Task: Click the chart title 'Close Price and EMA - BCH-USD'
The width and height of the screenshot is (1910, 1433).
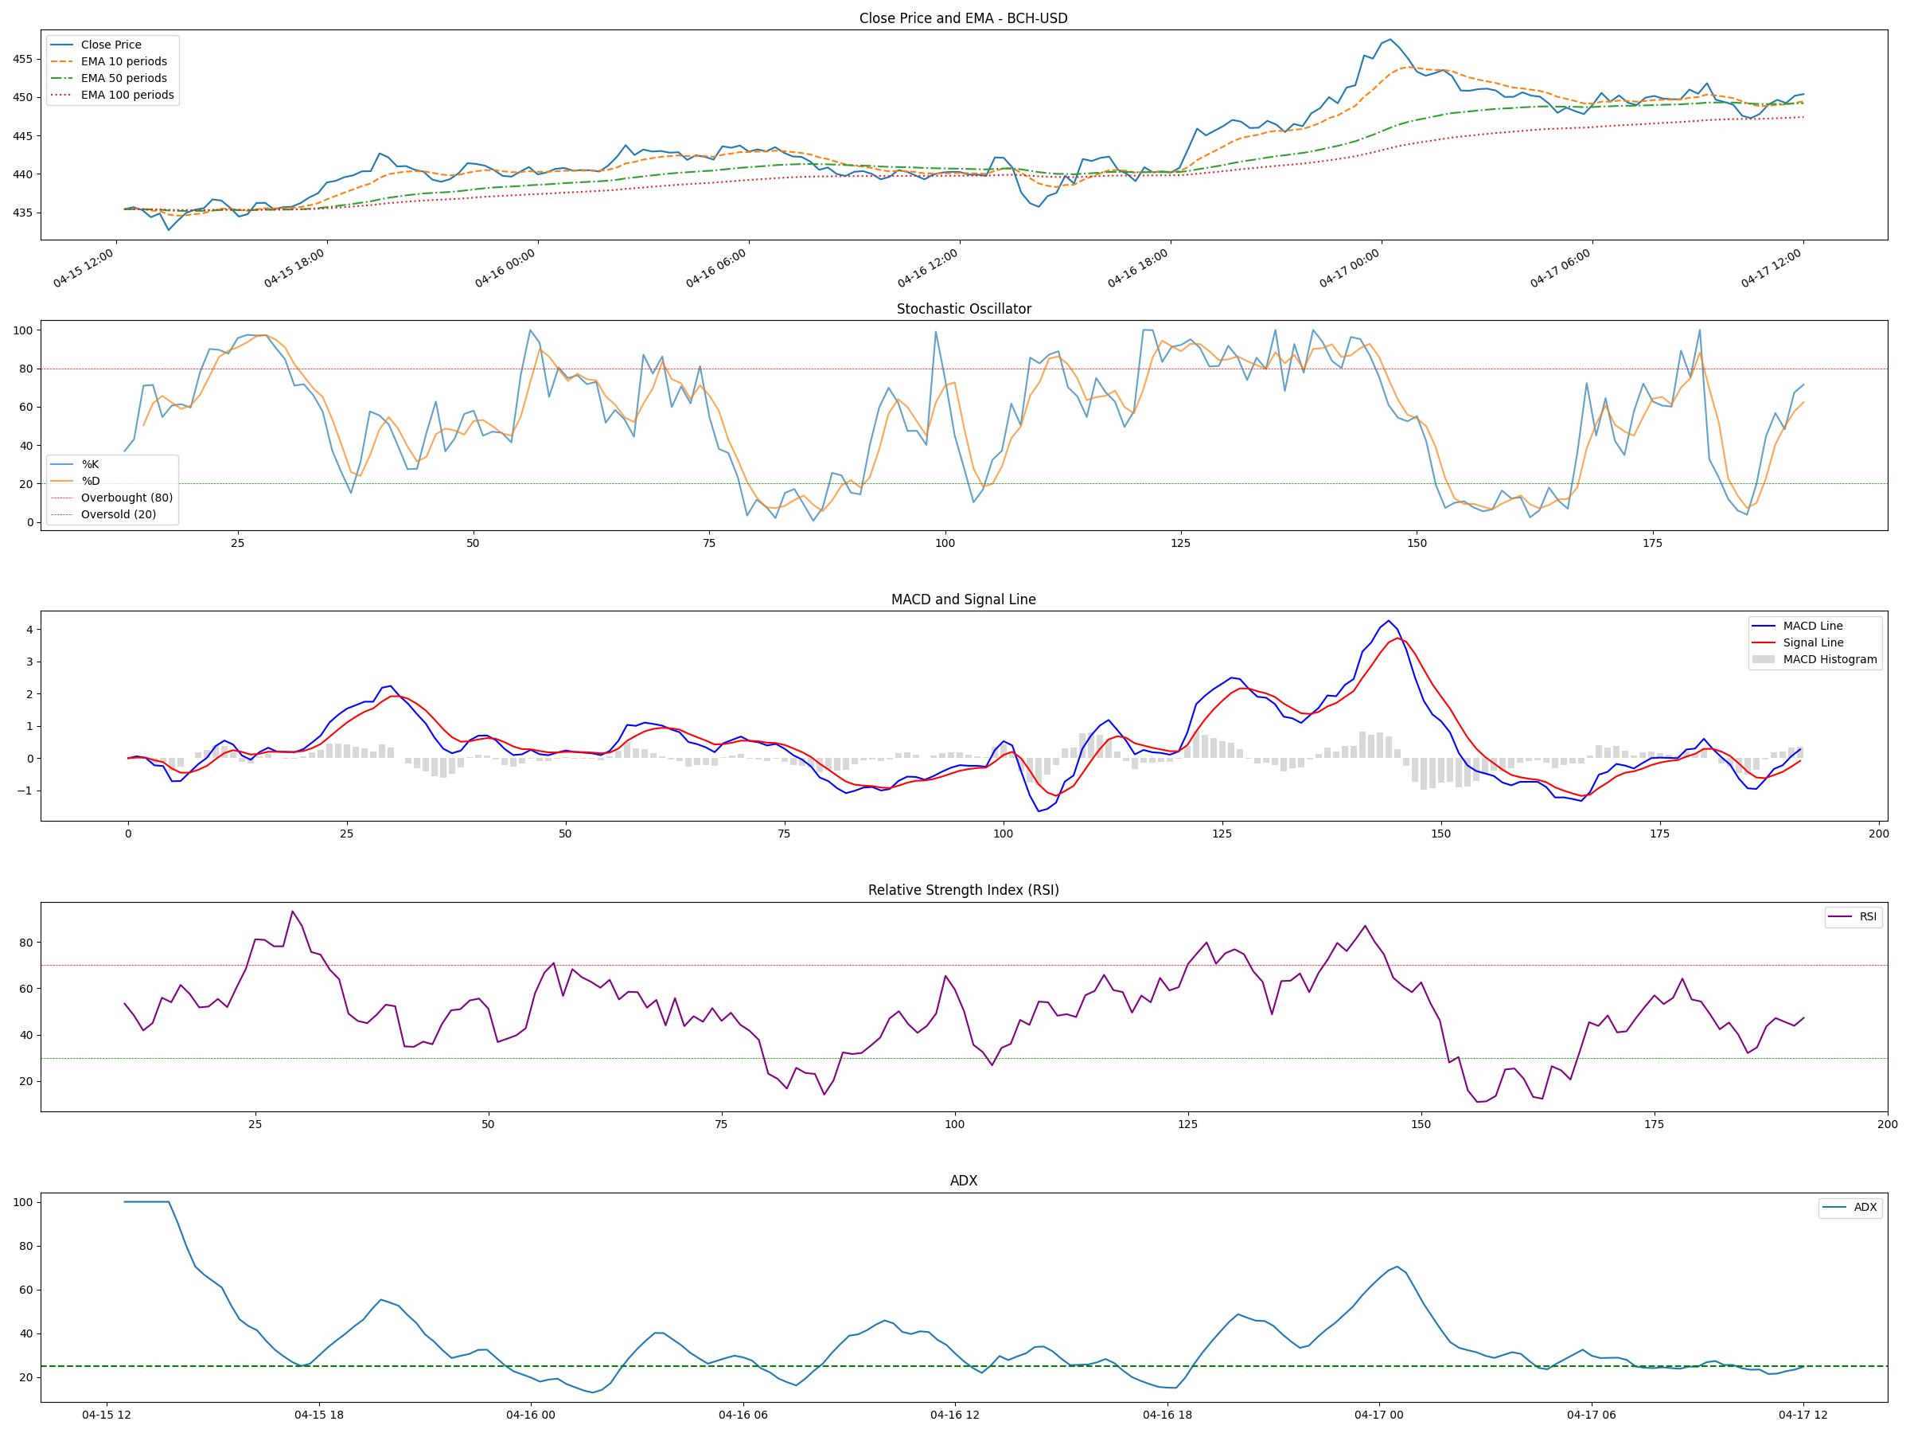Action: click(963, 18)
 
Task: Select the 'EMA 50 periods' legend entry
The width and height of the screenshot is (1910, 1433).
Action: click(123, 79)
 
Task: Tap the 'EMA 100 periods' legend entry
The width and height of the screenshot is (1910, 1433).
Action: click(127, 95)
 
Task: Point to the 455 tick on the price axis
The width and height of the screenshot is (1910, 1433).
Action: click(22, 60)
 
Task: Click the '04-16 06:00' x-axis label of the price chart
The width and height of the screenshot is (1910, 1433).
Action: click(715, 267)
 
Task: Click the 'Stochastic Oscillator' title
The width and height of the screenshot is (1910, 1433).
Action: click(963, 309)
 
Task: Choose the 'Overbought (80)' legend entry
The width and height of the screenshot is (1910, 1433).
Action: click(126, 498)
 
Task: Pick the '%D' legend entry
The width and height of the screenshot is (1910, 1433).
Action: click(90, 481)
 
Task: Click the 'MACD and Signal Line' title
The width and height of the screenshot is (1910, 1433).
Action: click(963, 599)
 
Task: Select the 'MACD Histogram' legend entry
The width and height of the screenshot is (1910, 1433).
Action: click(1830, 660)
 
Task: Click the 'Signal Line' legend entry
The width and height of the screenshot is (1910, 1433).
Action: click(1812, 642)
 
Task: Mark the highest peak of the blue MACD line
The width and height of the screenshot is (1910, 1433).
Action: click(1388, 620)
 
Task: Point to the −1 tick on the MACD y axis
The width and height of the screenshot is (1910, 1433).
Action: click(26, 791)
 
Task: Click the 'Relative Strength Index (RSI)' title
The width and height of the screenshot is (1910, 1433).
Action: click(963, 891)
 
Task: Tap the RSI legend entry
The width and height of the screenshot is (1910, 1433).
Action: click(1868, 916)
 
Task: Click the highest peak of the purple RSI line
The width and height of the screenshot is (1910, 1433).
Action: click(293, 912)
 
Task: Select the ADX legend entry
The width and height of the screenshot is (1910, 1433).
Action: click(1865, 1208)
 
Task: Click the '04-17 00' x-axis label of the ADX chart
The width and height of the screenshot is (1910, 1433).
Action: click(1378, 1415)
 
